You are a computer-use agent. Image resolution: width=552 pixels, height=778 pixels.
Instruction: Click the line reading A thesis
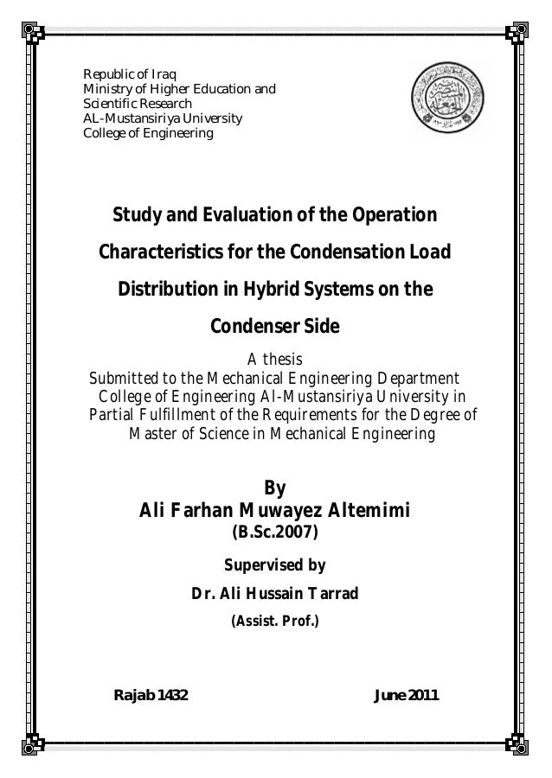click(275, 360)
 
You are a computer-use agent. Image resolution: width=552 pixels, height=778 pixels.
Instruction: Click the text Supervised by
click(275, 566)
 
